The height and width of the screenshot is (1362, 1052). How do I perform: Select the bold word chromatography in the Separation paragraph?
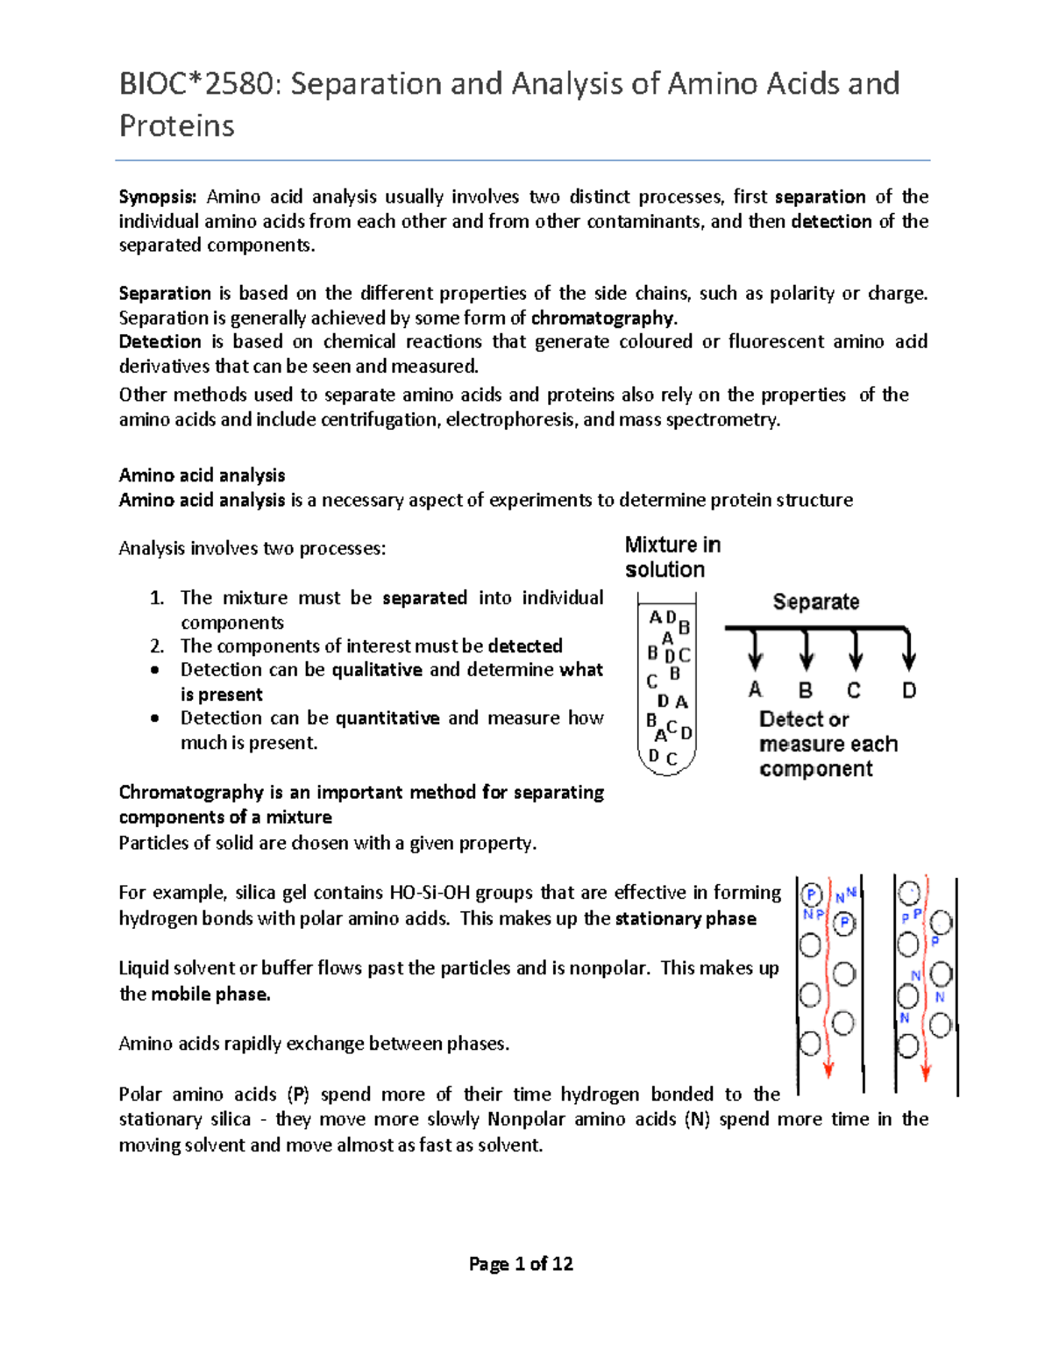pyautogui.click(x=603, y=317)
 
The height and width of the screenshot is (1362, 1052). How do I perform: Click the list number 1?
pyautogui.click(x=156, y=598)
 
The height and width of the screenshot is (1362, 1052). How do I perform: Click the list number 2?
pyautogui.click(x=156, y=646)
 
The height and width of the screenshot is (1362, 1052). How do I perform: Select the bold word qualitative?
pyautogui.click(x=377, y=670)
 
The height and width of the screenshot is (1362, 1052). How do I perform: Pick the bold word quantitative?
pyautogui.click(x=387, y=718)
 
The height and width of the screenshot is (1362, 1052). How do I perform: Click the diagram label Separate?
pyautogui.click(x=815, y=602)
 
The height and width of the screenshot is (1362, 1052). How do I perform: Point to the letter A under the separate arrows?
pyautogui.click(x=755, y=690)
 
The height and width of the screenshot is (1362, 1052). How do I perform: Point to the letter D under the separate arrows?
pyautogui.click(x=909, y=690)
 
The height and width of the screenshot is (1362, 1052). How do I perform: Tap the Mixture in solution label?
pyautogui.click(x=672, y=557)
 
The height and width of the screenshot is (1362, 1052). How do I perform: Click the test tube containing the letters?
pyautogui.click(x=667, y=684)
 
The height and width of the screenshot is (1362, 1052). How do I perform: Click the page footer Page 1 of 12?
pyautogui.click(x=521, y=1264)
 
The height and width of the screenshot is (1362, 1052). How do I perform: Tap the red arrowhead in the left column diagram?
pyautogui.click(x=828, y=1071)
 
